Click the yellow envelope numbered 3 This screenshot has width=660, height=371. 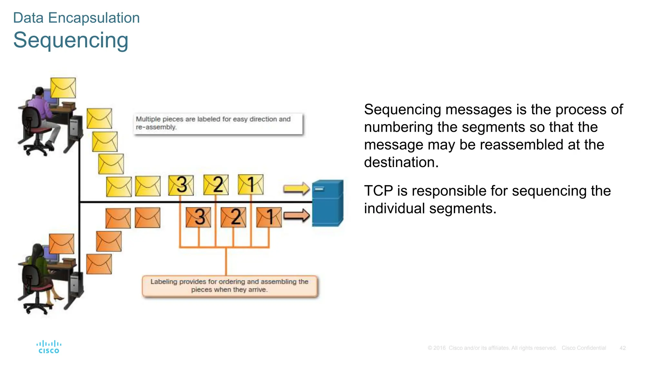coord(181,185)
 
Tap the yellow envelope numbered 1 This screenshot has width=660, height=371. coord(251,185)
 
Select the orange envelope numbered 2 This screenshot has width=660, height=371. coord(233,217)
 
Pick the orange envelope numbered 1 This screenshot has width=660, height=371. coord(269,217)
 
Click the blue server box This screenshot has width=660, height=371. coord(327,203)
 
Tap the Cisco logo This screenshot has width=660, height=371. coord(49,347)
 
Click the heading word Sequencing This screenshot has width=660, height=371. coord(71,40)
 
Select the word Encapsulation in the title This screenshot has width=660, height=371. coord(94,18)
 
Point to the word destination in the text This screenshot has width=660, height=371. coord(401,162)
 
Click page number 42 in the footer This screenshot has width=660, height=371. coord(622,348)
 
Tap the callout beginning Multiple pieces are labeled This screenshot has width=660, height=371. coord(218,123)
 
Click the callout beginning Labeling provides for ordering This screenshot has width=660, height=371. coord(229,286)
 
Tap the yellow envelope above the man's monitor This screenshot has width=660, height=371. coord(63,88)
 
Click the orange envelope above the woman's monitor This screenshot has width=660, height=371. coord(62,244)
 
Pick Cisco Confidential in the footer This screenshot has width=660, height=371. coord(584,348)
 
